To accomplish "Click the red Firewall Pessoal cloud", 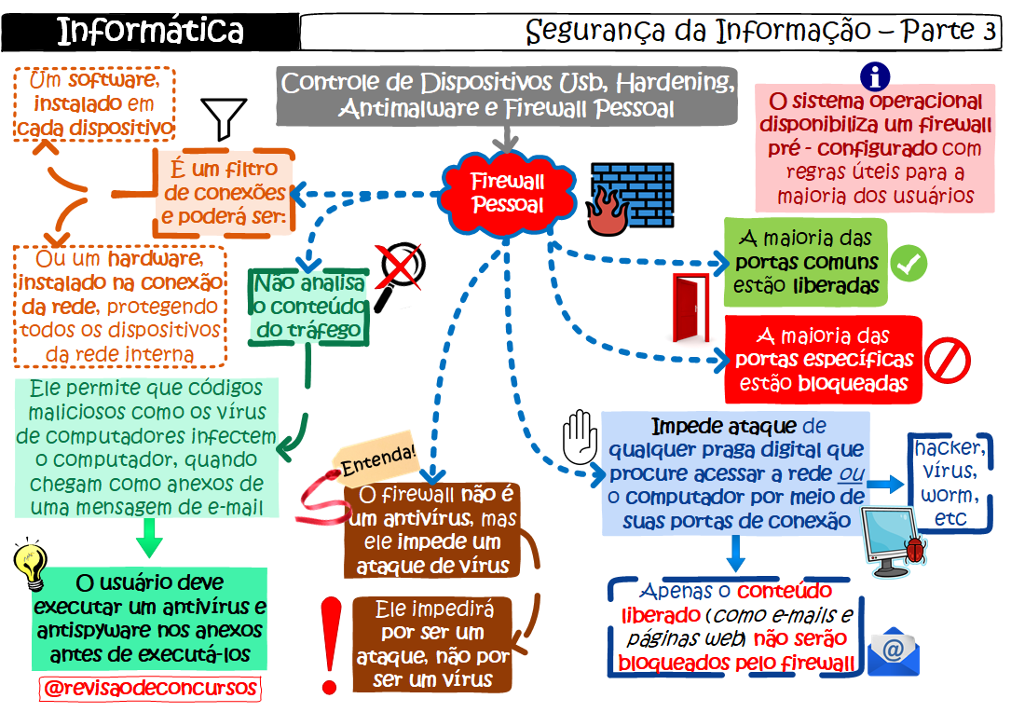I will tap(506, 193).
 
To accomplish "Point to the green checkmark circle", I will tap(908, 264).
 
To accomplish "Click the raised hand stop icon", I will tap(580, 437).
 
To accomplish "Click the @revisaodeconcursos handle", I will tap(150, 688).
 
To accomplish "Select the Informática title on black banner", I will tap(150, 31).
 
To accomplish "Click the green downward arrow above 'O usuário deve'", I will tap(149, 539).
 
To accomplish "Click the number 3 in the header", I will tap(988, 31).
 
